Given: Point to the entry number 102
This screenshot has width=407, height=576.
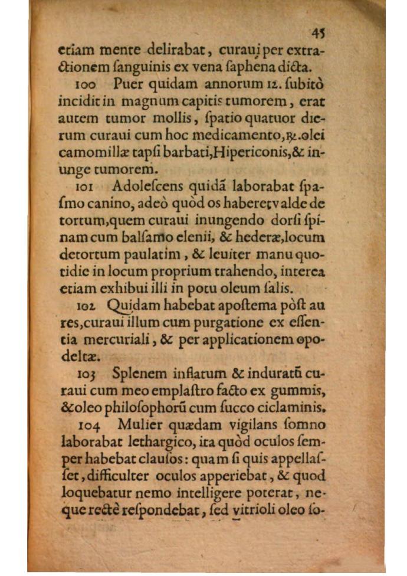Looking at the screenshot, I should pos(87,307).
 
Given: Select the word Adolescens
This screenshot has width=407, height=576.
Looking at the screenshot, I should pos(143,185).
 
